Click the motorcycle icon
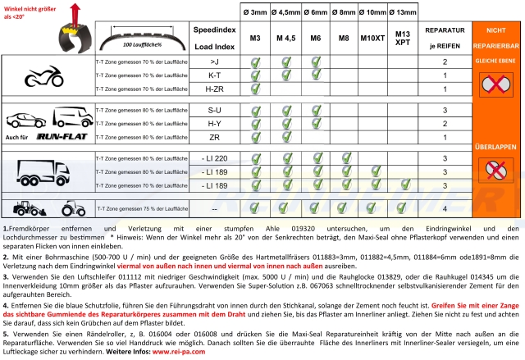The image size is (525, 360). tap(42, 77)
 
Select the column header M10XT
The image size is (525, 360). tap(372, 38)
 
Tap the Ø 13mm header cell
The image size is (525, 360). tap(402, 11)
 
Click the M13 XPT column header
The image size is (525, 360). tap(402, 38)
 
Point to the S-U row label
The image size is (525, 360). tap(215, 109)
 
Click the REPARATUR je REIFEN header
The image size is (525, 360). tap(444, 38)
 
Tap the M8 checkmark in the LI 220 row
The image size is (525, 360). tap(344, 157)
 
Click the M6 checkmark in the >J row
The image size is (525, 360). tap(315, 62)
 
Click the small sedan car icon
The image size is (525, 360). tap(25, 120)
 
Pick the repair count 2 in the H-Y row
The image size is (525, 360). tap(444, 123)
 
